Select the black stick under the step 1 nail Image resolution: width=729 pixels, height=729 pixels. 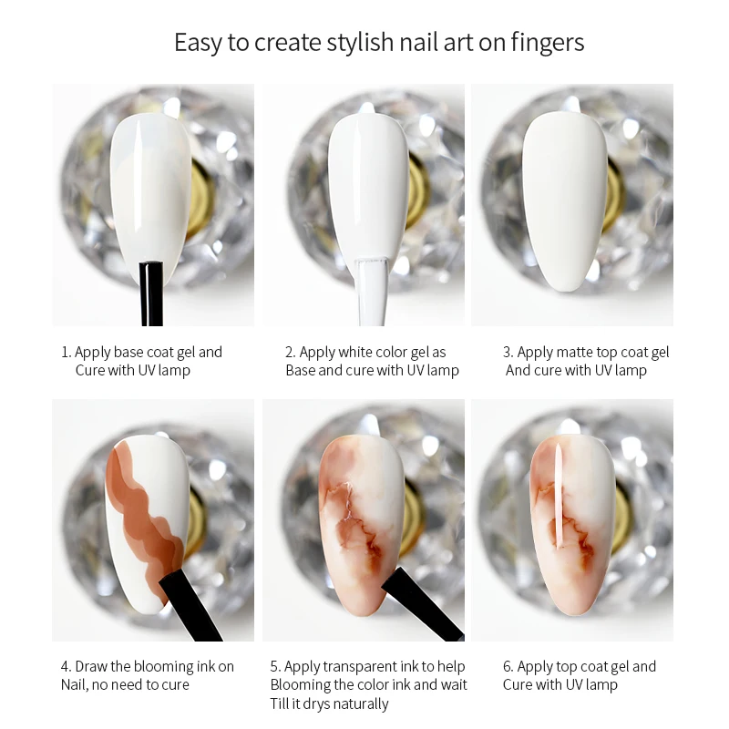click(x=151, y=293)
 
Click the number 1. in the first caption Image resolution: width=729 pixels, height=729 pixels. click(x=67, y=352)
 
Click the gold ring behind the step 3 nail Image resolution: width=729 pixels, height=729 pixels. click(x=613, y=196)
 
